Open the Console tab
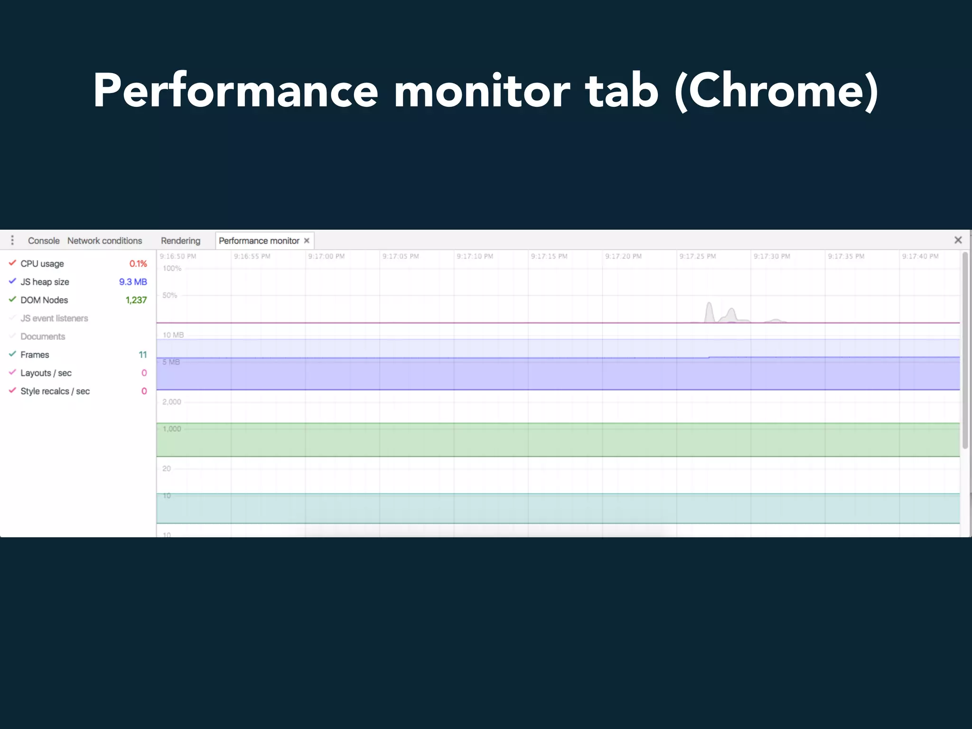[44, 241]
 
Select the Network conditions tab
[104, 241]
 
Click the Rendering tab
[180, 241]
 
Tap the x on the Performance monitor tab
[307, 241]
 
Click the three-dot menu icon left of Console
[12, 240]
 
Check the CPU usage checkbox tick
[12, 263]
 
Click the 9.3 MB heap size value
[133, 282]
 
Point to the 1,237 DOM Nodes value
[136, 300]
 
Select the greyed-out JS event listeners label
[54, 318]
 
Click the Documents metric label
[43, 336]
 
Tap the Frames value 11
[143, 355]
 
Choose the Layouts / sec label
[46, 373]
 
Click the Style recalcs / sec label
[55, 391]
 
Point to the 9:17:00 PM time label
[326, 256]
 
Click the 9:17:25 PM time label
[697, 256]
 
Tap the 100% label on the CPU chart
[172, 269]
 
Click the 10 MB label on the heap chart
[173, 335]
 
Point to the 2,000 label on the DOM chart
[172, 402]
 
